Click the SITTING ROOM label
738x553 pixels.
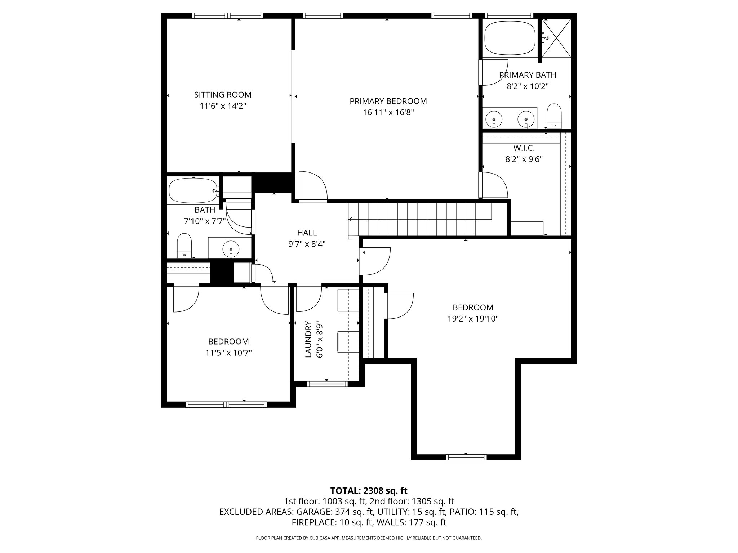click(x=223, y=95)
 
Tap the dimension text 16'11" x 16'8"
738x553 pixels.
click(x=388, y=112)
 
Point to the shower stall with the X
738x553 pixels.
click(x=557, y=37)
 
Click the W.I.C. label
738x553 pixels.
click(x=524, y=148)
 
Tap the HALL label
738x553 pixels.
click(x=307, y=233)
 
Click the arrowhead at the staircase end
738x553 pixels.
click(x=350, y=219)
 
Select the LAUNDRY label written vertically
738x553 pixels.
click(x=308, y=339)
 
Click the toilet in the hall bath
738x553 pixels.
click(x=184, y=245)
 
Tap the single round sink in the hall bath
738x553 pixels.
click(x=231, y=248)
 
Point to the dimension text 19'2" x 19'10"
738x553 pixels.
click(x=473, y=319)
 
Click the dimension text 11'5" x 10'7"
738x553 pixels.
click(x=228, y=353)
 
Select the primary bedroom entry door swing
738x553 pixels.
click(x=312, y=186)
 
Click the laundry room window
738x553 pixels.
click(x=327, y=384)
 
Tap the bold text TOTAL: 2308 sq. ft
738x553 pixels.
click(x=369, y=490)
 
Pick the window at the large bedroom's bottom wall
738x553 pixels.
click(x=466, y=457)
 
